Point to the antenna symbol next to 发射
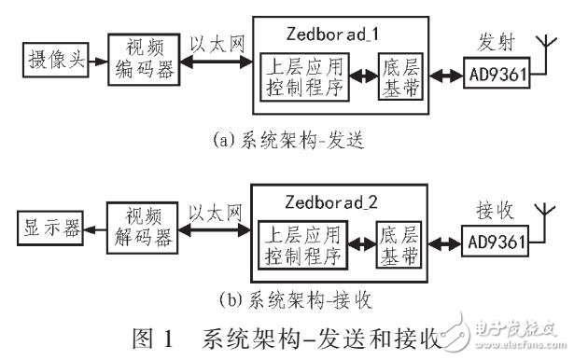(540, 48)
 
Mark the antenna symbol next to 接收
(540, 215)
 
